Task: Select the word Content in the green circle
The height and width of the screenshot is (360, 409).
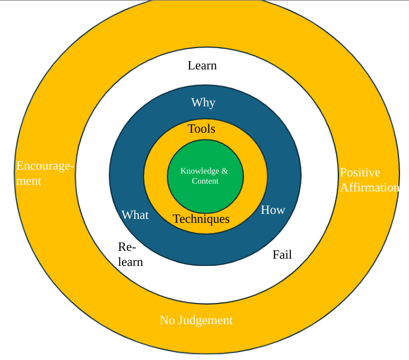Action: point(205,181)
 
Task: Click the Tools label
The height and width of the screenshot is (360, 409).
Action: point(201,129)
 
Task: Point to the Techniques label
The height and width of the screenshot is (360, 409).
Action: point(201,219)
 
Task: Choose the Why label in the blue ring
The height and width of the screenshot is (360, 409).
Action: point(203,102)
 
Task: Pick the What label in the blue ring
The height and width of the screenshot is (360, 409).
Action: point(135,215)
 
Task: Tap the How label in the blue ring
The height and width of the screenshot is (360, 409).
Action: point(273,210)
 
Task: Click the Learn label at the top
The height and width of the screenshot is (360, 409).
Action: point(202,66)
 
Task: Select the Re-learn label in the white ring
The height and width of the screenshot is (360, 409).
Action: point(130,254)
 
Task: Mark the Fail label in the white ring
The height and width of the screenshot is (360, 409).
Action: point(282,255)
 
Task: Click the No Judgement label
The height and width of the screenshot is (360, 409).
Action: point(196,320)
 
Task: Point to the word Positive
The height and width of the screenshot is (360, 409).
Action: point(360,172)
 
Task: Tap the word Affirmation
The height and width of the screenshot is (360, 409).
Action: point(370,188)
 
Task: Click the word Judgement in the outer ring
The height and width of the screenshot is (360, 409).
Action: point(205,320)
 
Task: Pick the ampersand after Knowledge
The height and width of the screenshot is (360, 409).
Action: point(224,171)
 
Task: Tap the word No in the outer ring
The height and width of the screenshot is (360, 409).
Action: point(167,320)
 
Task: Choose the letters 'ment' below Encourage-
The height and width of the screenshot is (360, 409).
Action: point(29,181)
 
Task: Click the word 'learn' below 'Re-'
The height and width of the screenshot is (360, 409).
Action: point(130,261)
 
